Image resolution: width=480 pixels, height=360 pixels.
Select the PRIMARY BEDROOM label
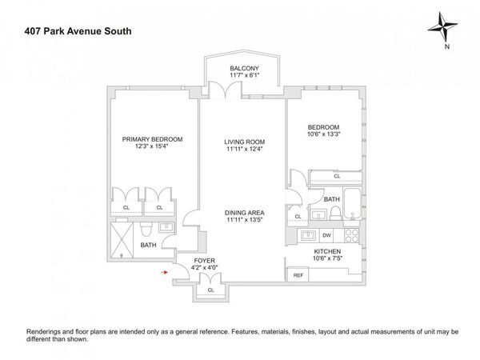click(151, 138)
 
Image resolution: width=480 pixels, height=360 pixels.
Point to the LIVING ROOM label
click(244, 142)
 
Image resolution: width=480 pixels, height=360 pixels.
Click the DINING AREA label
click(244, 212)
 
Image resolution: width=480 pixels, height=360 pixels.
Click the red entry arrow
click(164, 273)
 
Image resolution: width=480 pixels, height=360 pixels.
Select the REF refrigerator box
click(298, 275)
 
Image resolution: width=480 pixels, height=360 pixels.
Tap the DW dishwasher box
click(326, 235)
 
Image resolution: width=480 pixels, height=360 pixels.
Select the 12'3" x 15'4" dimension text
click(151, 146)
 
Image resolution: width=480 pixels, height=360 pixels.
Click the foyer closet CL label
click(210, 290)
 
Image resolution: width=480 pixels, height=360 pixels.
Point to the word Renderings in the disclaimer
click(46, 331)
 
